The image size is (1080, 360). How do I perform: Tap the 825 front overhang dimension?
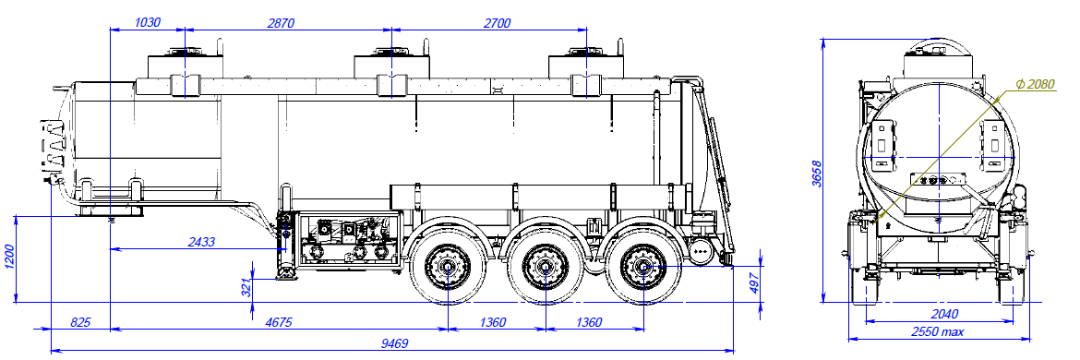click(x=81, y=322)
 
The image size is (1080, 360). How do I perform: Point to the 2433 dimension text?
click(x=201, y=242)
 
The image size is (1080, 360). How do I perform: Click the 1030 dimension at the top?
click(x=148, y=23)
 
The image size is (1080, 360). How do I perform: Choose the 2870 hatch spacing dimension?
click(x=281, y=23)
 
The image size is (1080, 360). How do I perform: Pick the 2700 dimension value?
click(x=497, y=23)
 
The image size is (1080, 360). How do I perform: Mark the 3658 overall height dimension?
click(x=816, y=173)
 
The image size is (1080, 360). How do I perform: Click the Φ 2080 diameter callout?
click(x=1035, y=84)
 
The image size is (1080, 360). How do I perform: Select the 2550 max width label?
click(x=938, y=331)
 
